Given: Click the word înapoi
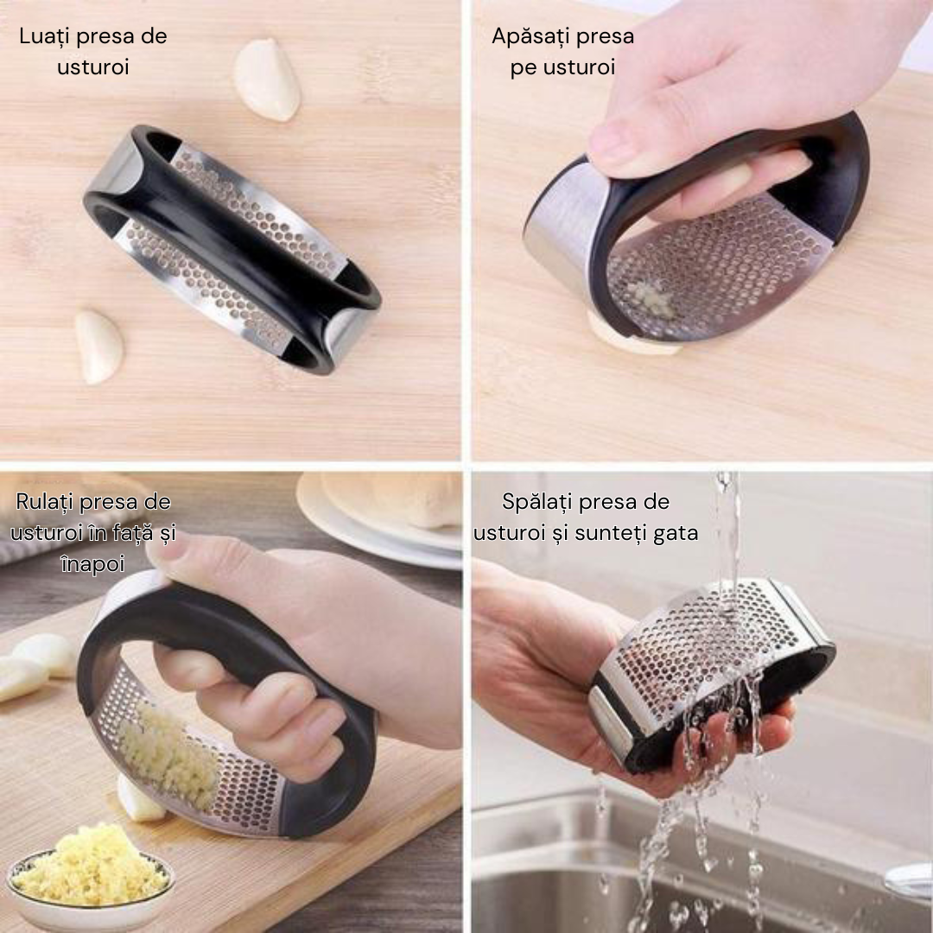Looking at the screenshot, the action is tap(92, 563).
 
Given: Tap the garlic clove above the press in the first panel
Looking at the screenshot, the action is tap(267, 79).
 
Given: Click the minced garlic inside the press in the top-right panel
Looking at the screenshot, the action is tap(650, 297).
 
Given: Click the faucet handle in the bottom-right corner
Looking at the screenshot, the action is tap(908, 879).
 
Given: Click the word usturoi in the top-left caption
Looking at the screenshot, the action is tap(92, 67).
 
